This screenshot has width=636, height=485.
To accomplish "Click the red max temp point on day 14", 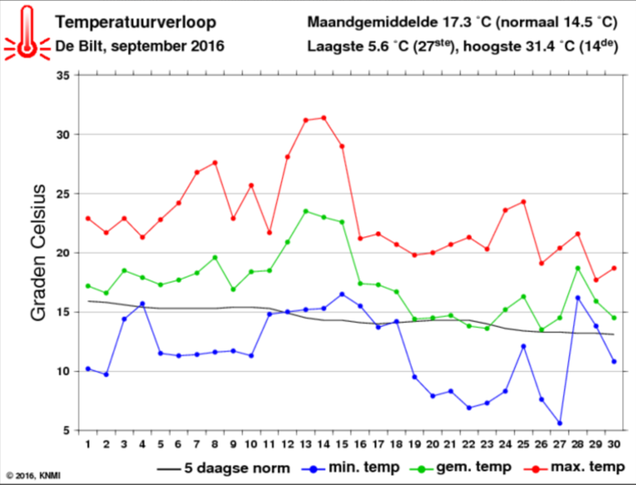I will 324,118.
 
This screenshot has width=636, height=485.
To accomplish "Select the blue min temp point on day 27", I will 560,423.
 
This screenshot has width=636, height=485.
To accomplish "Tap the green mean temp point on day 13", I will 306,211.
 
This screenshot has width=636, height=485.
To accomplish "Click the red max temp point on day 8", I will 215,163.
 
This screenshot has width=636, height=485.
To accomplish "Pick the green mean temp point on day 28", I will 578,268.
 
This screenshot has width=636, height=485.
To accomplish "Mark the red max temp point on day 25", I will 524,202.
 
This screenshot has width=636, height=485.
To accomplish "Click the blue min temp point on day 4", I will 142,304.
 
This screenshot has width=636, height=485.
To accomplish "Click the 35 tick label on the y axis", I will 63,75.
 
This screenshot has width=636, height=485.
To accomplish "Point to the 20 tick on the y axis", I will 63,253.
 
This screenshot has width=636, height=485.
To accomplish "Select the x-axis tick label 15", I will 342,446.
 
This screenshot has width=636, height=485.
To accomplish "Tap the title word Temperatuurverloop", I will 136,23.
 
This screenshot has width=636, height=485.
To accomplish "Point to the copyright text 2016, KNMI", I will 30,477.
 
